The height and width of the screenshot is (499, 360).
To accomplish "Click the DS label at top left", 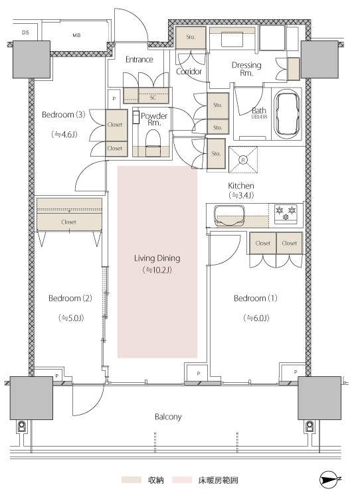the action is coord(25,33).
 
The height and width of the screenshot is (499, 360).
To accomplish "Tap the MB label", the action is coord(76,35).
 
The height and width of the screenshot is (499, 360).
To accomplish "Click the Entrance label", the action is coord(139,60).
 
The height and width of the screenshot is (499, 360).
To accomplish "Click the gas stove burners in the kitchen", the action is coord(286,213).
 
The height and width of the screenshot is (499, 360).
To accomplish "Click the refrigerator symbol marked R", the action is coord(243,160).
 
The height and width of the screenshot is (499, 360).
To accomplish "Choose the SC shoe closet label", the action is coord(153,98).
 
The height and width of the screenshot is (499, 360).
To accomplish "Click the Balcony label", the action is coord(168,417).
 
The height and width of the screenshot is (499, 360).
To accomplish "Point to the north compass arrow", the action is coord(329,479).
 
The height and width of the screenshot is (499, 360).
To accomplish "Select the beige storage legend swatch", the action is coord(132,480).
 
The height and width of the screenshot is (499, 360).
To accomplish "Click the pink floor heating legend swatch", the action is coord(182,480).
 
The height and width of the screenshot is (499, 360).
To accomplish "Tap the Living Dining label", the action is coord(157,258).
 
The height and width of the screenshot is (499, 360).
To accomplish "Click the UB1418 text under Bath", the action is coord(259,117).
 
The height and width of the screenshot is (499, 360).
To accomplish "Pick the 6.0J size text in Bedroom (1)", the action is coord(256,318).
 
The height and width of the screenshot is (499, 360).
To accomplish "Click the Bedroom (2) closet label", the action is coord(68,222).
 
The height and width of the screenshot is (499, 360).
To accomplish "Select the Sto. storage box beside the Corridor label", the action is coord(191,37).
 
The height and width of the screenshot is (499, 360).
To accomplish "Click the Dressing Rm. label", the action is coord(246,69).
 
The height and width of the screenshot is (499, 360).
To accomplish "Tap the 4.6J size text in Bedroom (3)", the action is coord(64,135).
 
